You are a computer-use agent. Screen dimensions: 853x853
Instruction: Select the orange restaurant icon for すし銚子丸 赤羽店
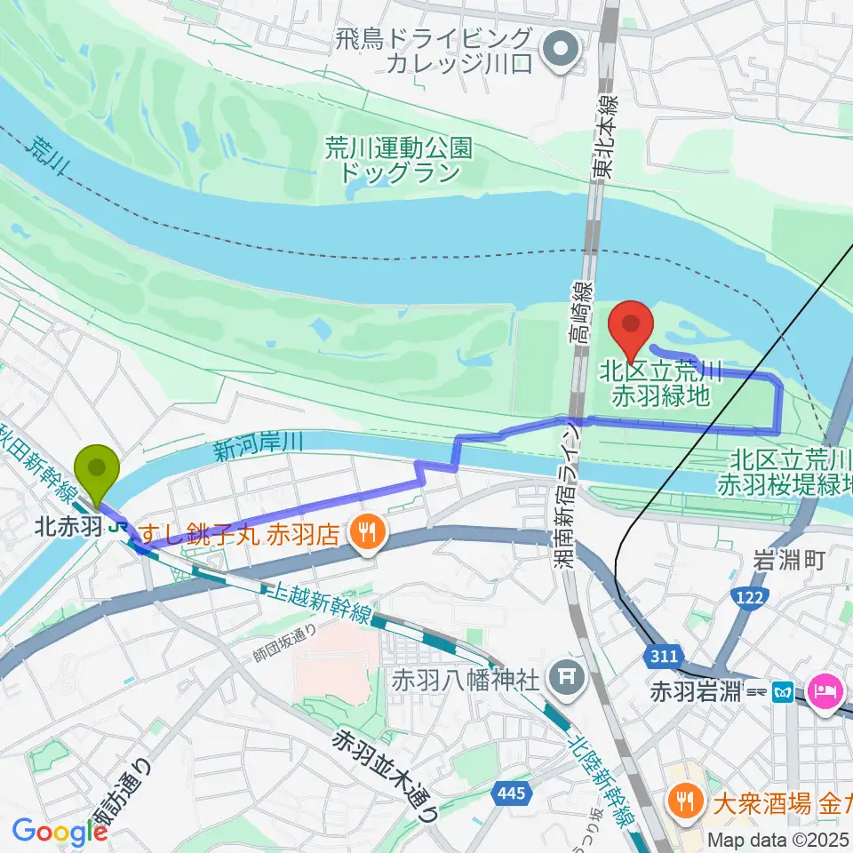(x=365, y=534)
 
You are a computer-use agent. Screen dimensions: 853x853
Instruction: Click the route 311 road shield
(x=663, y=657)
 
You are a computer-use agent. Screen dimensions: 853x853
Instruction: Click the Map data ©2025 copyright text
(x=780, y=840)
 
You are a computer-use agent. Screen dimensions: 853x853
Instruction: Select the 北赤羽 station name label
(x=68, y=527)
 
